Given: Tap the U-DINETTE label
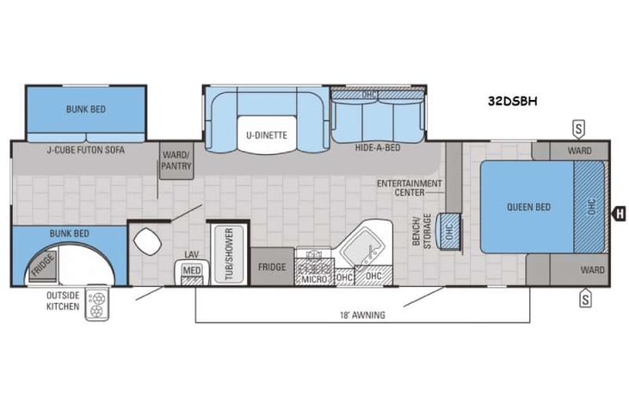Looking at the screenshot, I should pyautogui.click(x=267, y=134).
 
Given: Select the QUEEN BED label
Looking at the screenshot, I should pyautogui.click(x=527, y=207).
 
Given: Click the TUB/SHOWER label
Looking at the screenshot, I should pyautogui.click(x=229, y=251).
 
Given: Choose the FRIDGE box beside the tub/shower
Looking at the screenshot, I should pyautogui.click(x=272, y=266).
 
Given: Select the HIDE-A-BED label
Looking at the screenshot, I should pyautogui.click(x=376, y=148).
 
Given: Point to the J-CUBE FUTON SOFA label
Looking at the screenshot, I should pyautogui.click(x=85, y=149).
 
